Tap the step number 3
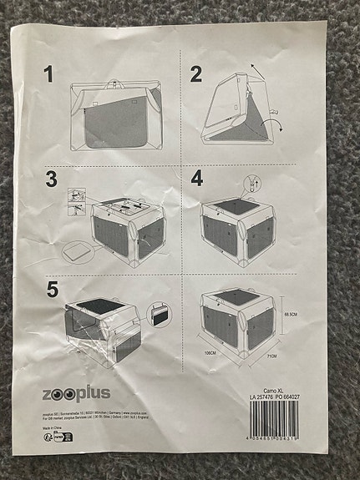(52, 179)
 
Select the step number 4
(197, 178)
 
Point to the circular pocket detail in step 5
(156, 316)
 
